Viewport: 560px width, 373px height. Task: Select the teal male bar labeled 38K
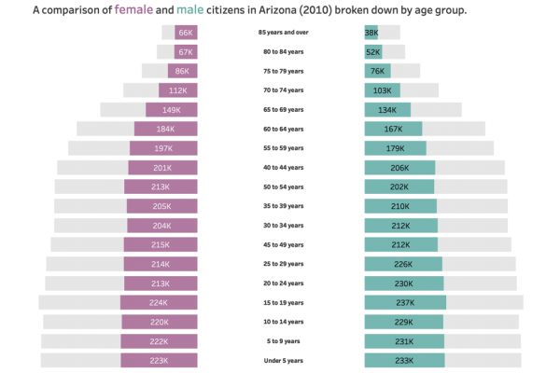click(371, 33)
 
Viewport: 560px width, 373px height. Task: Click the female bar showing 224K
click(159, 302)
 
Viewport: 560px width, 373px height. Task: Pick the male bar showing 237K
click(405, 302)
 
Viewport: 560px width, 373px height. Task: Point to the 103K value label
click(382, 90)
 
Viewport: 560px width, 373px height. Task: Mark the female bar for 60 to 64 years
click(166, 129)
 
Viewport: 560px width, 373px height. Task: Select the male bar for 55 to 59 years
click(395, 148)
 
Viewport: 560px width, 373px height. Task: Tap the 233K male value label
click(404, 360)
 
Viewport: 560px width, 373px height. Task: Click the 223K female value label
click(158, 360)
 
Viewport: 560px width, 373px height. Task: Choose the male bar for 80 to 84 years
click(373, 52)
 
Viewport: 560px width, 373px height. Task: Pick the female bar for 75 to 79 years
click(183, 71)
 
